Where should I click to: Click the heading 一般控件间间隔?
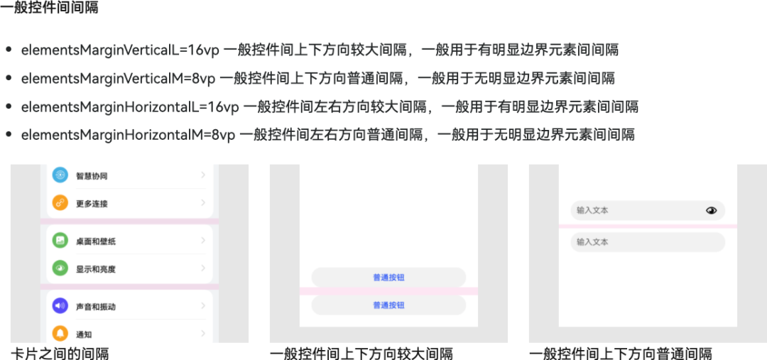tap(50, 9)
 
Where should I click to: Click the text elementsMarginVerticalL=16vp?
tap(120, 50)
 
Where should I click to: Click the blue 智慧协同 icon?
tap(60, 175)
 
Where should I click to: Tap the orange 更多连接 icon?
tap(60, 204)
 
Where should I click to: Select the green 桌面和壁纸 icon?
tap(60, 241)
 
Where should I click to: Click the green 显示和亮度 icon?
tap(60, 269)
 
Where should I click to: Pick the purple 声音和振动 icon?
tap(60, 307)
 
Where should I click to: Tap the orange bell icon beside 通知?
tap(60, 334)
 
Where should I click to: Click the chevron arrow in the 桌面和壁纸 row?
tap(203, 241)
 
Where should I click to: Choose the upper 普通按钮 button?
tap(388, 278)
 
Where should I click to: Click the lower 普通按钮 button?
tap(388, 305)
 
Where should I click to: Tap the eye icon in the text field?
tap(711, 211)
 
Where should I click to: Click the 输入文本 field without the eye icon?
tap(647, 242)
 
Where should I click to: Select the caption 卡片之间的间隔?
tap(60, 354)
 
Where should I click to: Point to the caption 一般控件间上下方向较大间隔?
tap(361, 354)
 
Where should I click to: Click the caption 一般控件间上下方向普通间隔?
tap(620, 354)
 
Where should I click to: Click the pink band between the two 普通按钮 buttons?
tap(388, 291)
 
